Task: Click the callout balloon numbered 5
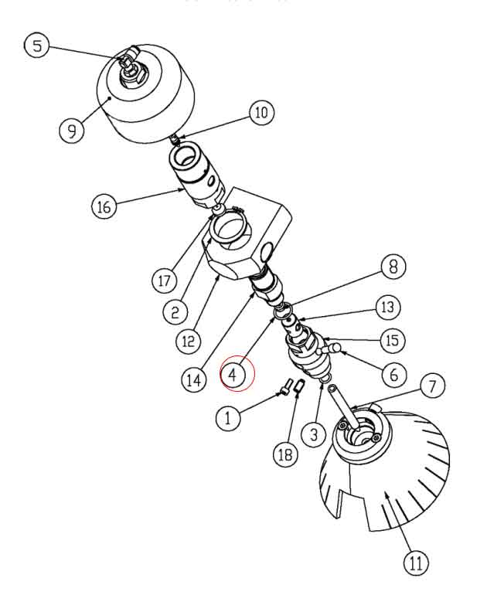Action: pos(37,46)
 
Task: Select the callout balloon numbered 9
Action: pos(72,130)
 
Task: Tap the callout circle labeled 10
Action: pos(261,113)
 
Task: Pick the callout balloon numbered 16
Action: pos(104,207)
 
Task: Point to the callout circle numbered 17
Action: pos(164,280)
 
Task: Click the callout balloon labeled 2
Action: pos(175,311)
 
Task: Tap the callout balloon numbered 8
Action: pos(393,267)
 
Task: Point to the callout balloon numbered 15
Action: pos(393,340)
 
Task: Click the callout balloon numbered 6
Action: pos(393,375)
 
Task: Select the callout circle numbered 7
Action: pos(433,385)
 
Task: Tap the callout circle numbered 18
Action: pos(285,455)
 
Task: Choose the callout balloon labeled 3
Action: pos(314,434)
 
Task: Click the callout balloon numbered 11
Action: pos(415,563)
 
